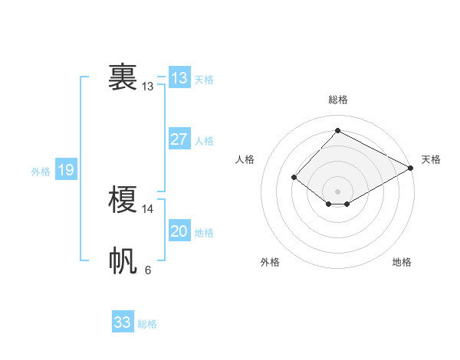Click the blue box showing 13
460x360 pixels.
179,77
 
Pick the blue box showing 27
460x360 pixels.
179,139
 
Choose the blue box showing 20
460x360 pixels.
179,231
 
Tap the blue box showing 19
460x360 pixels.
65,170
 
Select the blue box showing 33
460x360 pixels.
123,322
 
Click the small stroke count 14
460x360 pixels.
148,208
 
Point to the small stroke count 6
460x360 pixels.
148,270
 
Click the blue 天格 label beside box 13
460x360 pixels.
204,79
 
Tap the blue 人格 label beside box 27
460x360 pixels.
204,141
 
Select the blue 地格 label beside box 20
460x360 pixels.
204,233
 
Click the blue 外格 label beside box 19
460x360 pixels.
41,172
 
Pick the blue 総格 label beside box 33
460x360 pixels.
147,324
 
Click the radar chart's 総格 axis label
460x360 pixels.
338,100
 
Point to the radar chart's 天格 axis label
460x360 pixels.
431,159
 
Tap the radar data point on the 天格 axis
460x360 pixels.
411,168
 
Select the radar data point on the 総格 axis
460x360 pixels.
337,130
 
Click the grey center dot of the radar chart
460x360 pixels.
337,191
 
